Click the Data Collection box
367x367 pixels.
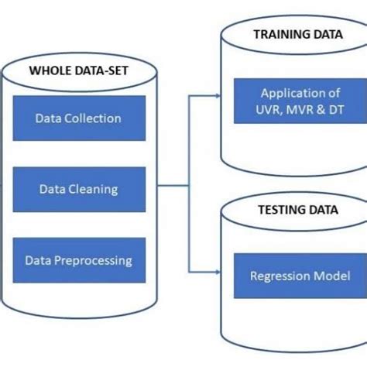coord(78,118)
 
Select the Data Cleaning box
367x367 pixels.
coord(78,189)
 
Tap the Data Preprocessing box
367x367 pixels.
coord(78,261)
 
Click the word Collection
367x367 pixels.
coord(94,118)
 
